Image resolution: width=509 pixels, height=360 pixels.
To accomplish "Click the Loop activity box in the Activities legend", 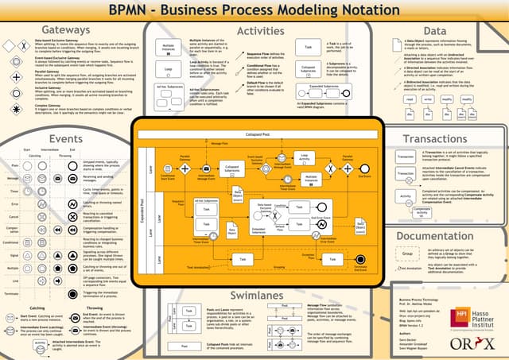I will [169, 69].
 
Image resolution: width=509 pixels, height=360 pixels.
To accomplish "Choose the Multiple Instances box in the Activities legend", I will [169, 48].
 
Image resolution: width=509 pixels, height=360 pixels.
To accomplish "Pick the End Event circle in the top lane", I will [364, 168].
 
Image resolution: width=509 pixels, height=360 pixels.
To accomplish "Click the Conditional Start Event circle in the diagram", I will [165, 168].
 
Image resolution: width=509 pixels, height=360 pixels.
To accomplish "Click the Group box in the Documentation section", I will [406, 253].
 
